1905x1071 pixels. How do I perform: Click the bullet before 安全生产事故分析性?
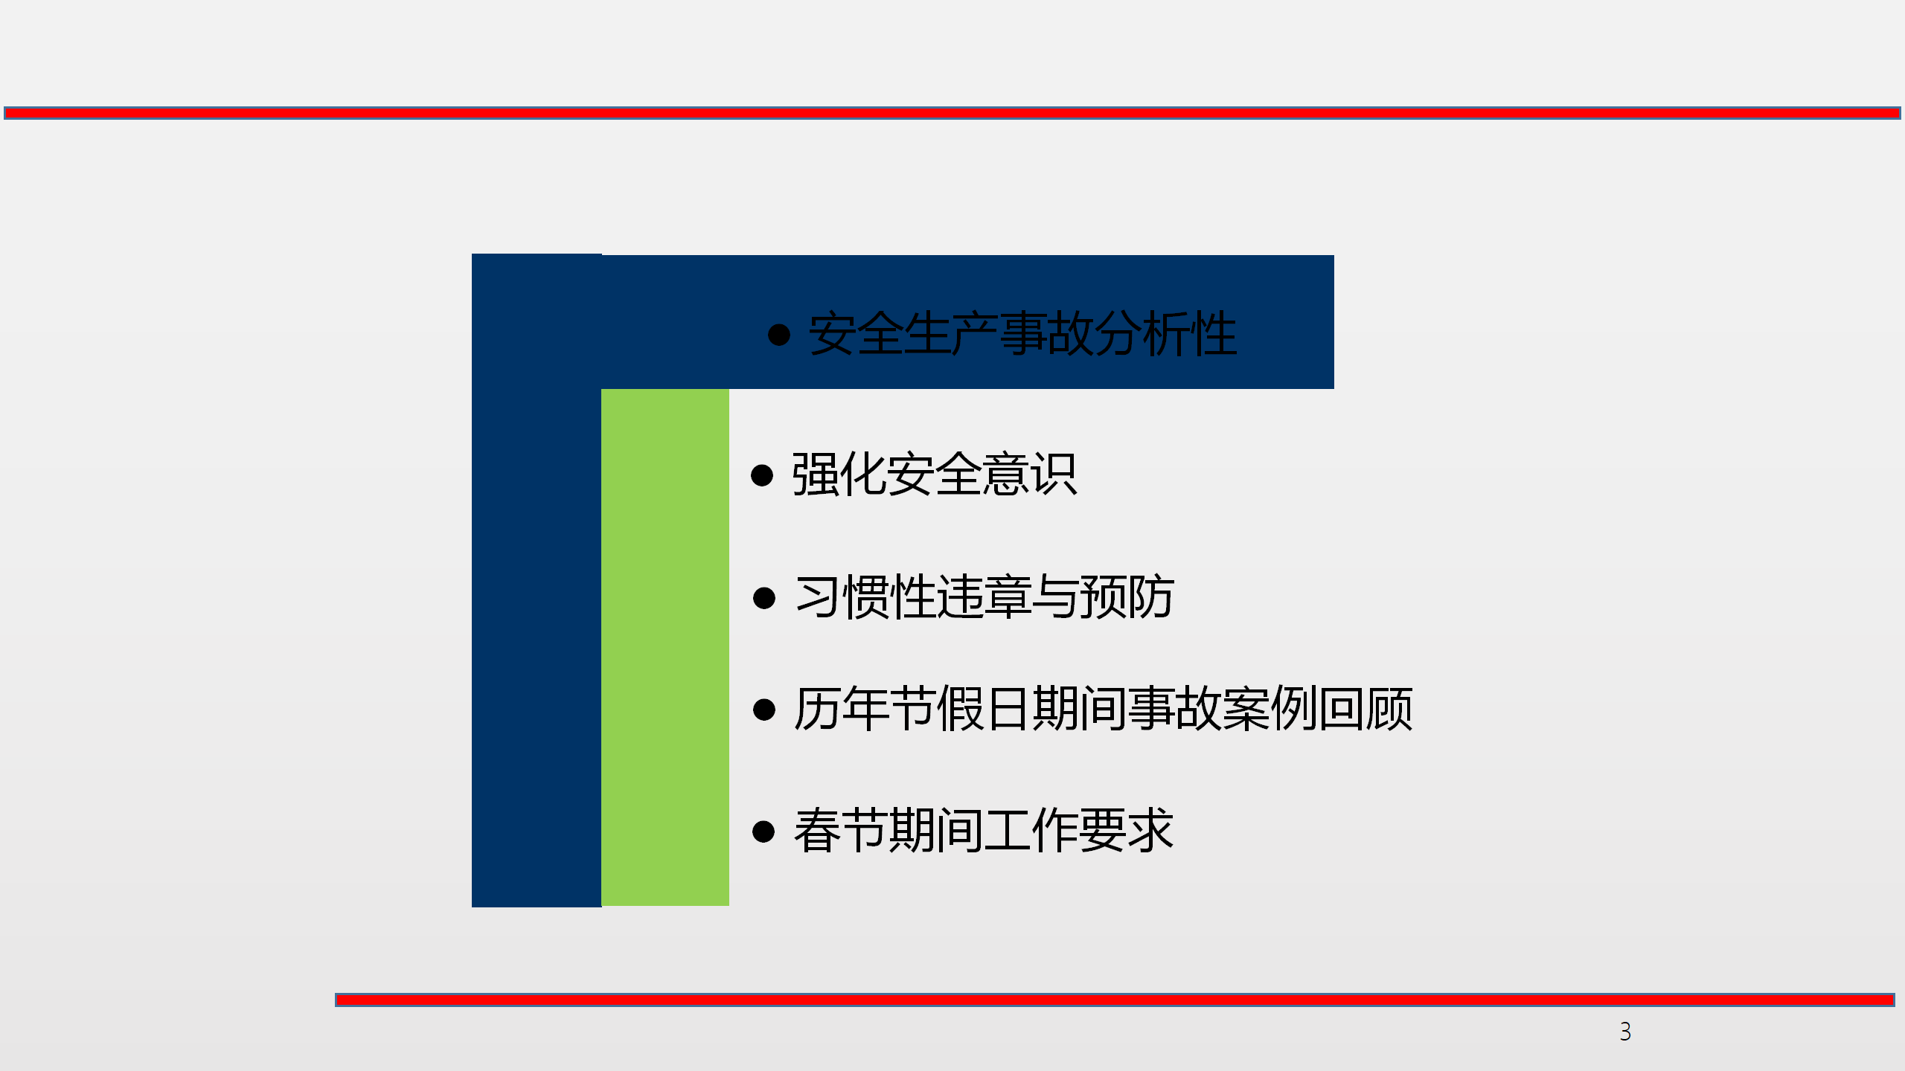(x=778, y=335)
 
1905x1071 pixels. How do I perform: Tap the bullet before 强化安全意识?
(x=762, y=475)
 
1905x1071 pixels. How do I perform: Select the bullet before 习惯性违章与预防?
(x=764, y=598)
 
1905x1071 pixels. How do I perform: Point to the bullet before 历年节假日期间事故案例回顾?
(x=764, y=710)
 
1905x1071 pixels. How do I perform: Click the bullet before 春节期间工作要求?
(x=764, y=832)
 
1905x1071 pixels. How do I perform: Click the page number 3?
(x=1625, y=1032)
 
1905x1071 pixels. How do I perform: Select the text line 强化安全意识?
(x=935, y=475)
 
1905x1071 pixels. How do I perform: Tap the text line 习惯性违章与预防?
(x=984, y=597)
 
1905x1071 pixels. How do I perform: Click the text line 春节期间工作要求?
(x=984, y=830)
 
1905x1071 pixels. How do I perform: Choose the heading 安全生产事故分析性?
(x=1023, y=334)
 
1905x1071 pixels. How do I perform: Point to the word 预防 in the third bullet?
(x=1127, y=597)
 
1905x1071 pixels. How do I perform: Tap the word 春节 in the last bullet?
(x=842, y=830)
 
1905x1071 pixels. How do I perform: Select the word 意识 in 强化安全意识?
(x=1030, y=475)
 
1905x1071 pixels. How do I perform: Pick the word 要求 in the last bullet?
(x=1127, y=830)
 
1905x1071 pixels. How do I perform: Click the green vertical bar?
(x=665, y=647)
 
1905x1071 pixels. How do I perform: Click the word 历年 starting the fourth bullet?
(x=842, y=709)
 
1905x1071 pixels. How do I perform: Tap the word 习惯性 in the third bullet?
(x=865, y=597)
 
